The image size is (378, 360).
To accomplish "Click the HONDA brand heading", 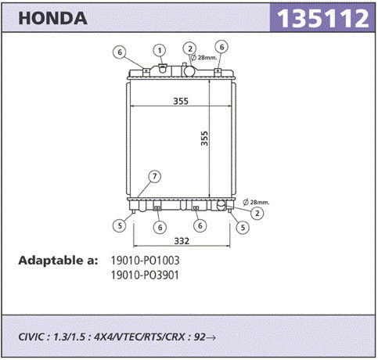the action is [52, 19].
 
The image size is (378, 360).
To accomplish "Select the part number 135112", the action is [322, 18].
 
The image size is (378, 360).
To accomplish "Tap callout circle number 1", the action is [160, 50].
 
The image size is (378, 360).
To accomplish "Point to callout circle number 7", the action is [155, 177].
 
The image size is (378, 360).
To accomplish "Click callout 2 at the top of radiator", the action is [189, 49].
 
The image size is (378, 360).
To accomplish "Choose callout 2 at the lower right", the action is [257, 213].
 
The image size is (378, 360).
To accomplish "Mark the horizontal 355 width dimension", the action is [181, 101].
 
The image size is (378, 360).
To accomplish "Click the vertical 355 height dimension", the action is [205, 139].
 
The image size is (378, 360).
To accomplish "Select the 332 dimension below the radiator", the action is [182, 241].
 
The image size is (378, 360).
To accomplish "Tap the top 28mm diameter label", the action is [204, 57].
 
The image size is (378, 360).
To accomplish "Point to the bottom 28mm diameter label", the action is [256, 202].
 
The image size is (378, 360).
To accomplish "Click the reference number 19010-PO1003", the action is [146, 261].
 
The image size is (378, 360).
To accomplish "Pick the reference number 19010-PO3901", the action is [145, 275].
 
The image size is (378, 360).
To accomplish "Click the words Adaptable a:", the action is [58, 261].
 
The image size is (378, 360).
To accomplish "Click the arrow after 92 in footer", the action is [211, 337].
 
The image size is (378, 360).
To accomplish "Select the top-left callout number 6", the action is [120, 52].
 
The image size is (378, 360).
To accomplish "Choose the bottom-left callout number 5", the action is [120, 225].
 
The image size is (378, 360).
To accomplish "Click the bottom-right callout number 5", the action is [243, 228].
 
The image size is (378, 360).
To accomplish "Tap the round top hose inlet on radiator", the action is [189, 70].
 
